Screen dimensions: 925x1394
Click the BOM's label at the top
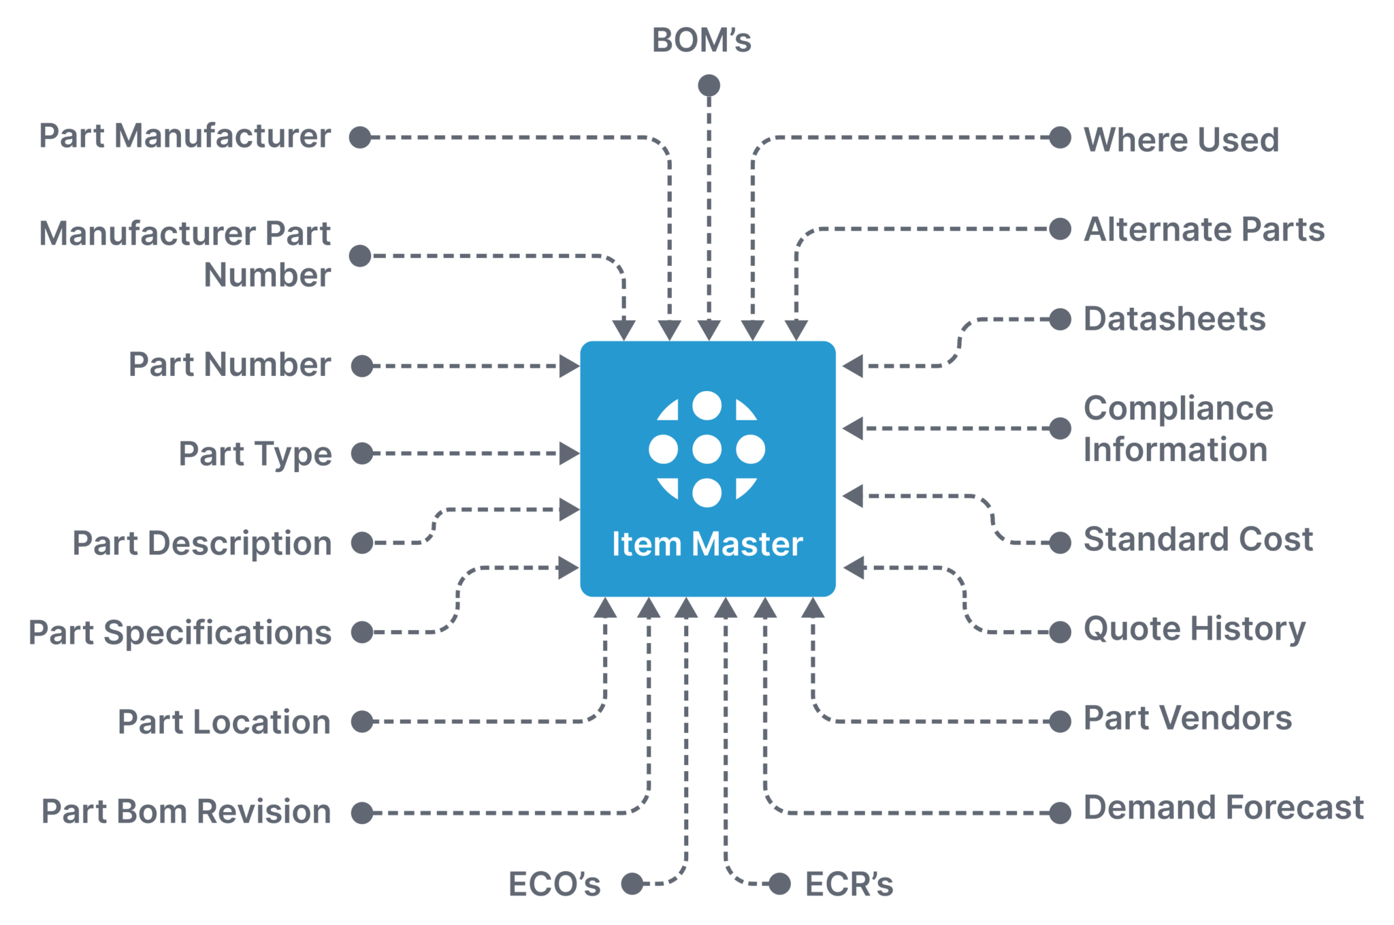(x=702, y=40)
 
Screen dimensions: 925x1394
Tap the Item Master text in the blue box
(x=707, y=544)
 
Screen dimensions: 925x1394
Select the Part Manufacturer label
(x=185, y=136)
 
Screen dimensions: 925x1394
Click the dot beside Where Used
(x=1060, y=138)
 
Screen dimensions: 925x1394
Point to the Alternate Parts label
(x=1204, y=230)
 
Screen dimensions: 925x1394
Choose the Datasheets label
(x=1174, y=319)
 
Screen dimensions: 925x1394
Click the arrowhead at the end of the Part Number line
(x=569, y=366)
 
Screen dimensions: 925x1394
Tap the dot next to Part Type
(x=362, y=454)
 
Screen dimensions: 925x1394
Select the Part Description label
(x=202, y=544)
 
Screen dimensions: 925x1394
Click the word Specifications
(x=218, y=633)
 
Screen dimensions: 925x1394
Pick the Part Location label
(x=224, y=722)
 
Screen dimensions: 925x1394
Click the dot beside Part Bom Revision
(x=362, y=813)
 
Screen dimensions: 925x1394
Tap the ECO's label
(x=555, y=884)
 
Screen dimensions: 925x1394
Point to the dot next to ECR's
(x=780, y=884)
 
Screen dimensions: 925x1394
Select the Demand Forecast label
(x=1223, y=809)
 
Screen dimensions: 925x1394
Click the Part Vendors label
(x=1188, y=719)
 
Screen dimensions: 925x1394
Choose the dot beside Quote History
(x=1060, y=631)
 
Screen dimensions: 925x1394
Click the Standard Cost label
(x=1198, y=539)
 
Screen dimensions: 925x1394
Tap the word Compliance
(x=1178, y=409)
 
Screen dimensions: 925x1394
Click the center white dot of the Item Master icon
(x=707, y=450)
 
